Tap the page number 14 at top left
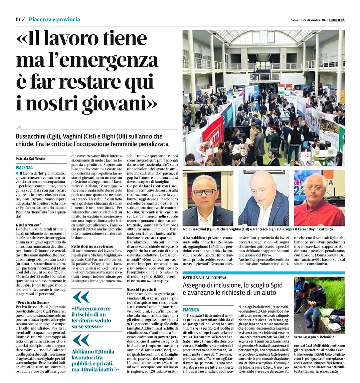click(x=18, y=19)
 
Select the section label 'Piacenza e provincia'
click(x=54, y=19)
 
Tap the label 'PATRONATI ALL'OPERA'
click(x=204, y=278)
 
